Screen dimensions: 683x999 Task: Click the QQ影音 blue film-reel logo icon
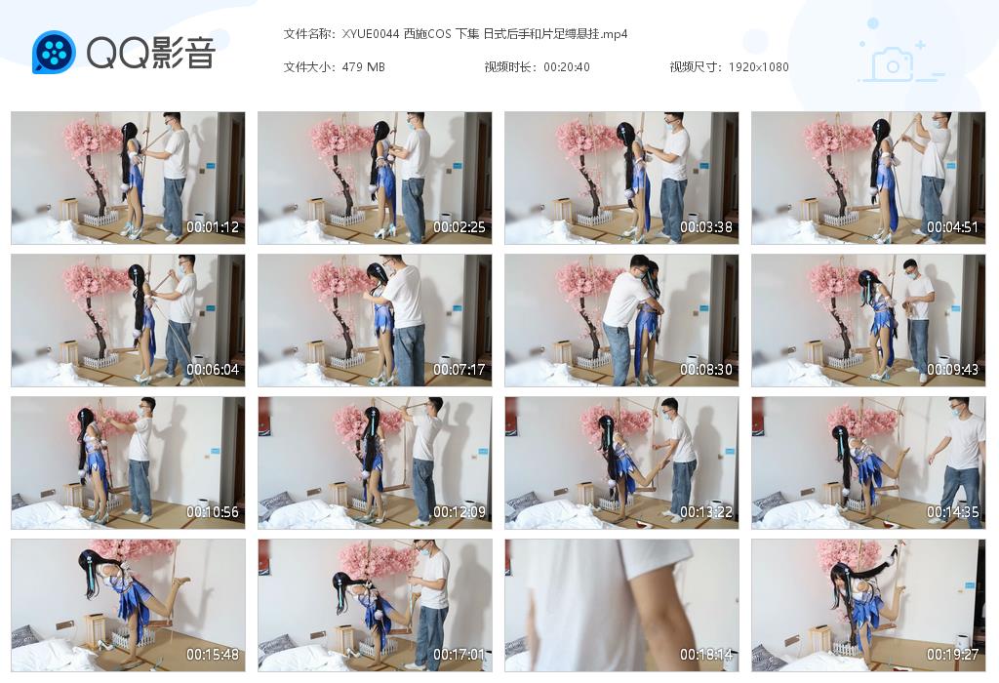(54, 53)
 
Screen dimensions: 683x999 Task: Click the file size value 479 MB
(364, 67)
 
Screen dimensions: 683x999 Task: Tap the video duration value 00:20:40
(566, 67)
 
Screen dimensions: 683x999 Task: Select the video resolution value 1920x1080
(758, 67)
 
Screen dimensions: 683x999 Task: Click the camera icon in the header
(893, 64)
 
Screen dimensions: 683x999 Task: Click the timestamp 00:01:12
(213, 227)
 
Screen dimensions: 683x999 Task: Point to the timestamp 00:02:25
(460, 227)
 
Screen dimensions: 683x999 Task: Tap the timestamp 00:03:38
(706, 227)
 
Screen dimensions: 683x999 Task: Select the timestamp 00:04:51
(953, 227)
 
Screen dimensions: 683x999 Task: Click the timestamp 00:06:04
(213, 370)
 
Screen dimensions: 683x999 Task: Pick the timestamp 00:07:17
(460, 370)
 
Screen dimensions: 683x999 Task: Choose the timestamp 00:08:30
(706, 370)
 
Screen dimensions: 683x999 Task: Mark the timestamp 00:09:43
(953, 370)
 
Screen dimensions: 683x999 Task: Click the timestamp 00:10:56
(213, 512)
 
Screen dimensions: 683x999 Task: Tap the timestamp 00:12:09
(460, 512)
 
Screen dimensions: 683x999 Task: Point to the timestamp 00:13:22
(706, 512)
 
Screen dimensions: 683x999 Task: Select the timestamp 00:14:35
(953, 512)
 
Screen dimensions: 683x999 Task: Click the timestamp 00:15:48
(213, 655)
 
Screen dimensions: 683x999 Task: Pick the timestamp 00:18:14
(706, 655)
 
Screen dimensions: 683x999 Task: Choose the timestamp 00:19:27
(953, 655)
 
